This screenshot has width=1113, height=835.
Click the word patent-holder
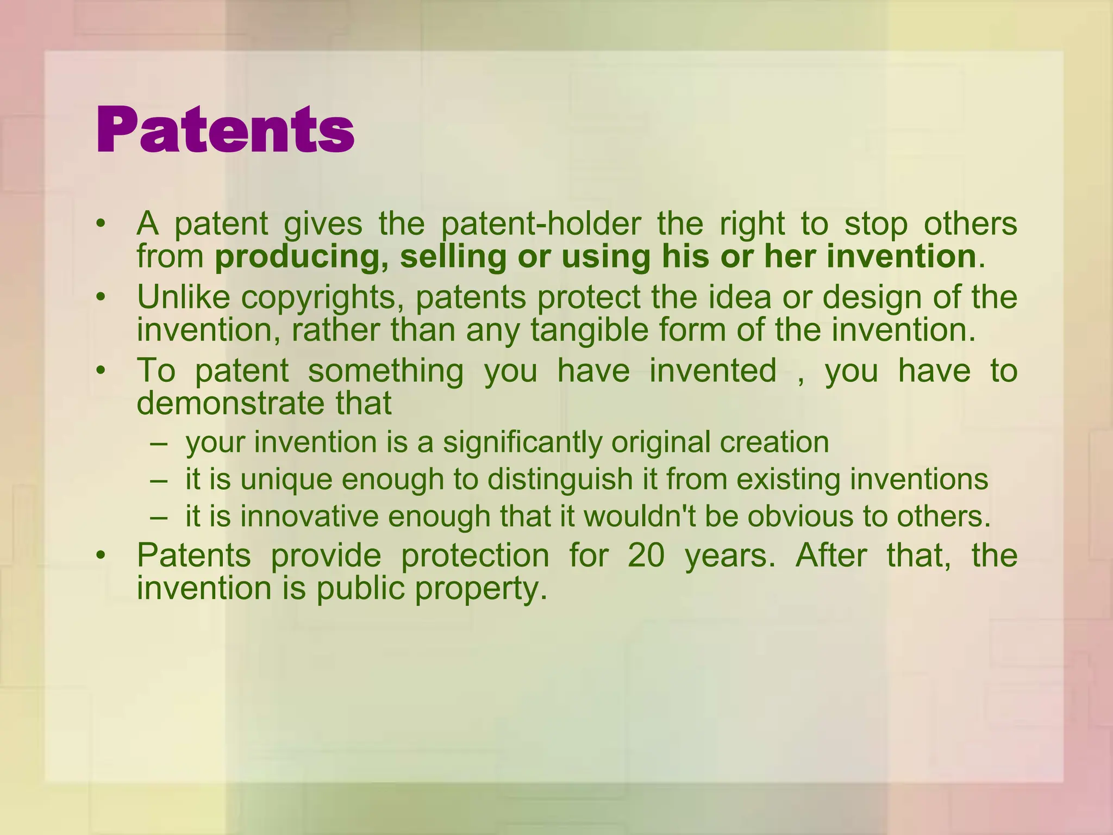541,223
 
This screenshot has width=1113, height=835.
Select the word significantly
522,442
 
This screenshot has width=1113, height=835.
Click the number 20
646,555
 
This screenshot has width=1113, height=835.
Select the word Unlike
183,297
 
